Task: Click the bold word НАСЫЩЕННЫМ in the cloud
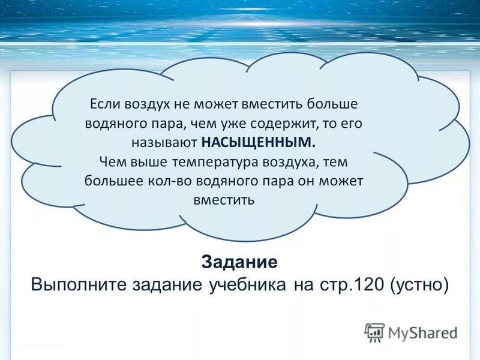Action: pyautogui.click(x=257, y=143)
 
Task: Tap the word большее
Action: pyautogui.click(x=107, y=181)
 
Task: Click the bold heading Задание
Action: pyautogui.click(x=239, y=262)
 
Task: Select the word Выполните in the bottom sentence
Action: pyautogui.click(x=78, y=284)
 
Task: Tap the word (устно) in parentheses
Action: pyautogui.click(x=418, y=284)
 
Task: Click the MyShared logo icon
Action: pyautogui.click(x=374, y=332)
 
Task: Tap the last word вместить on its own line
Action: pyautogui.click(x=224, y=200)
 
